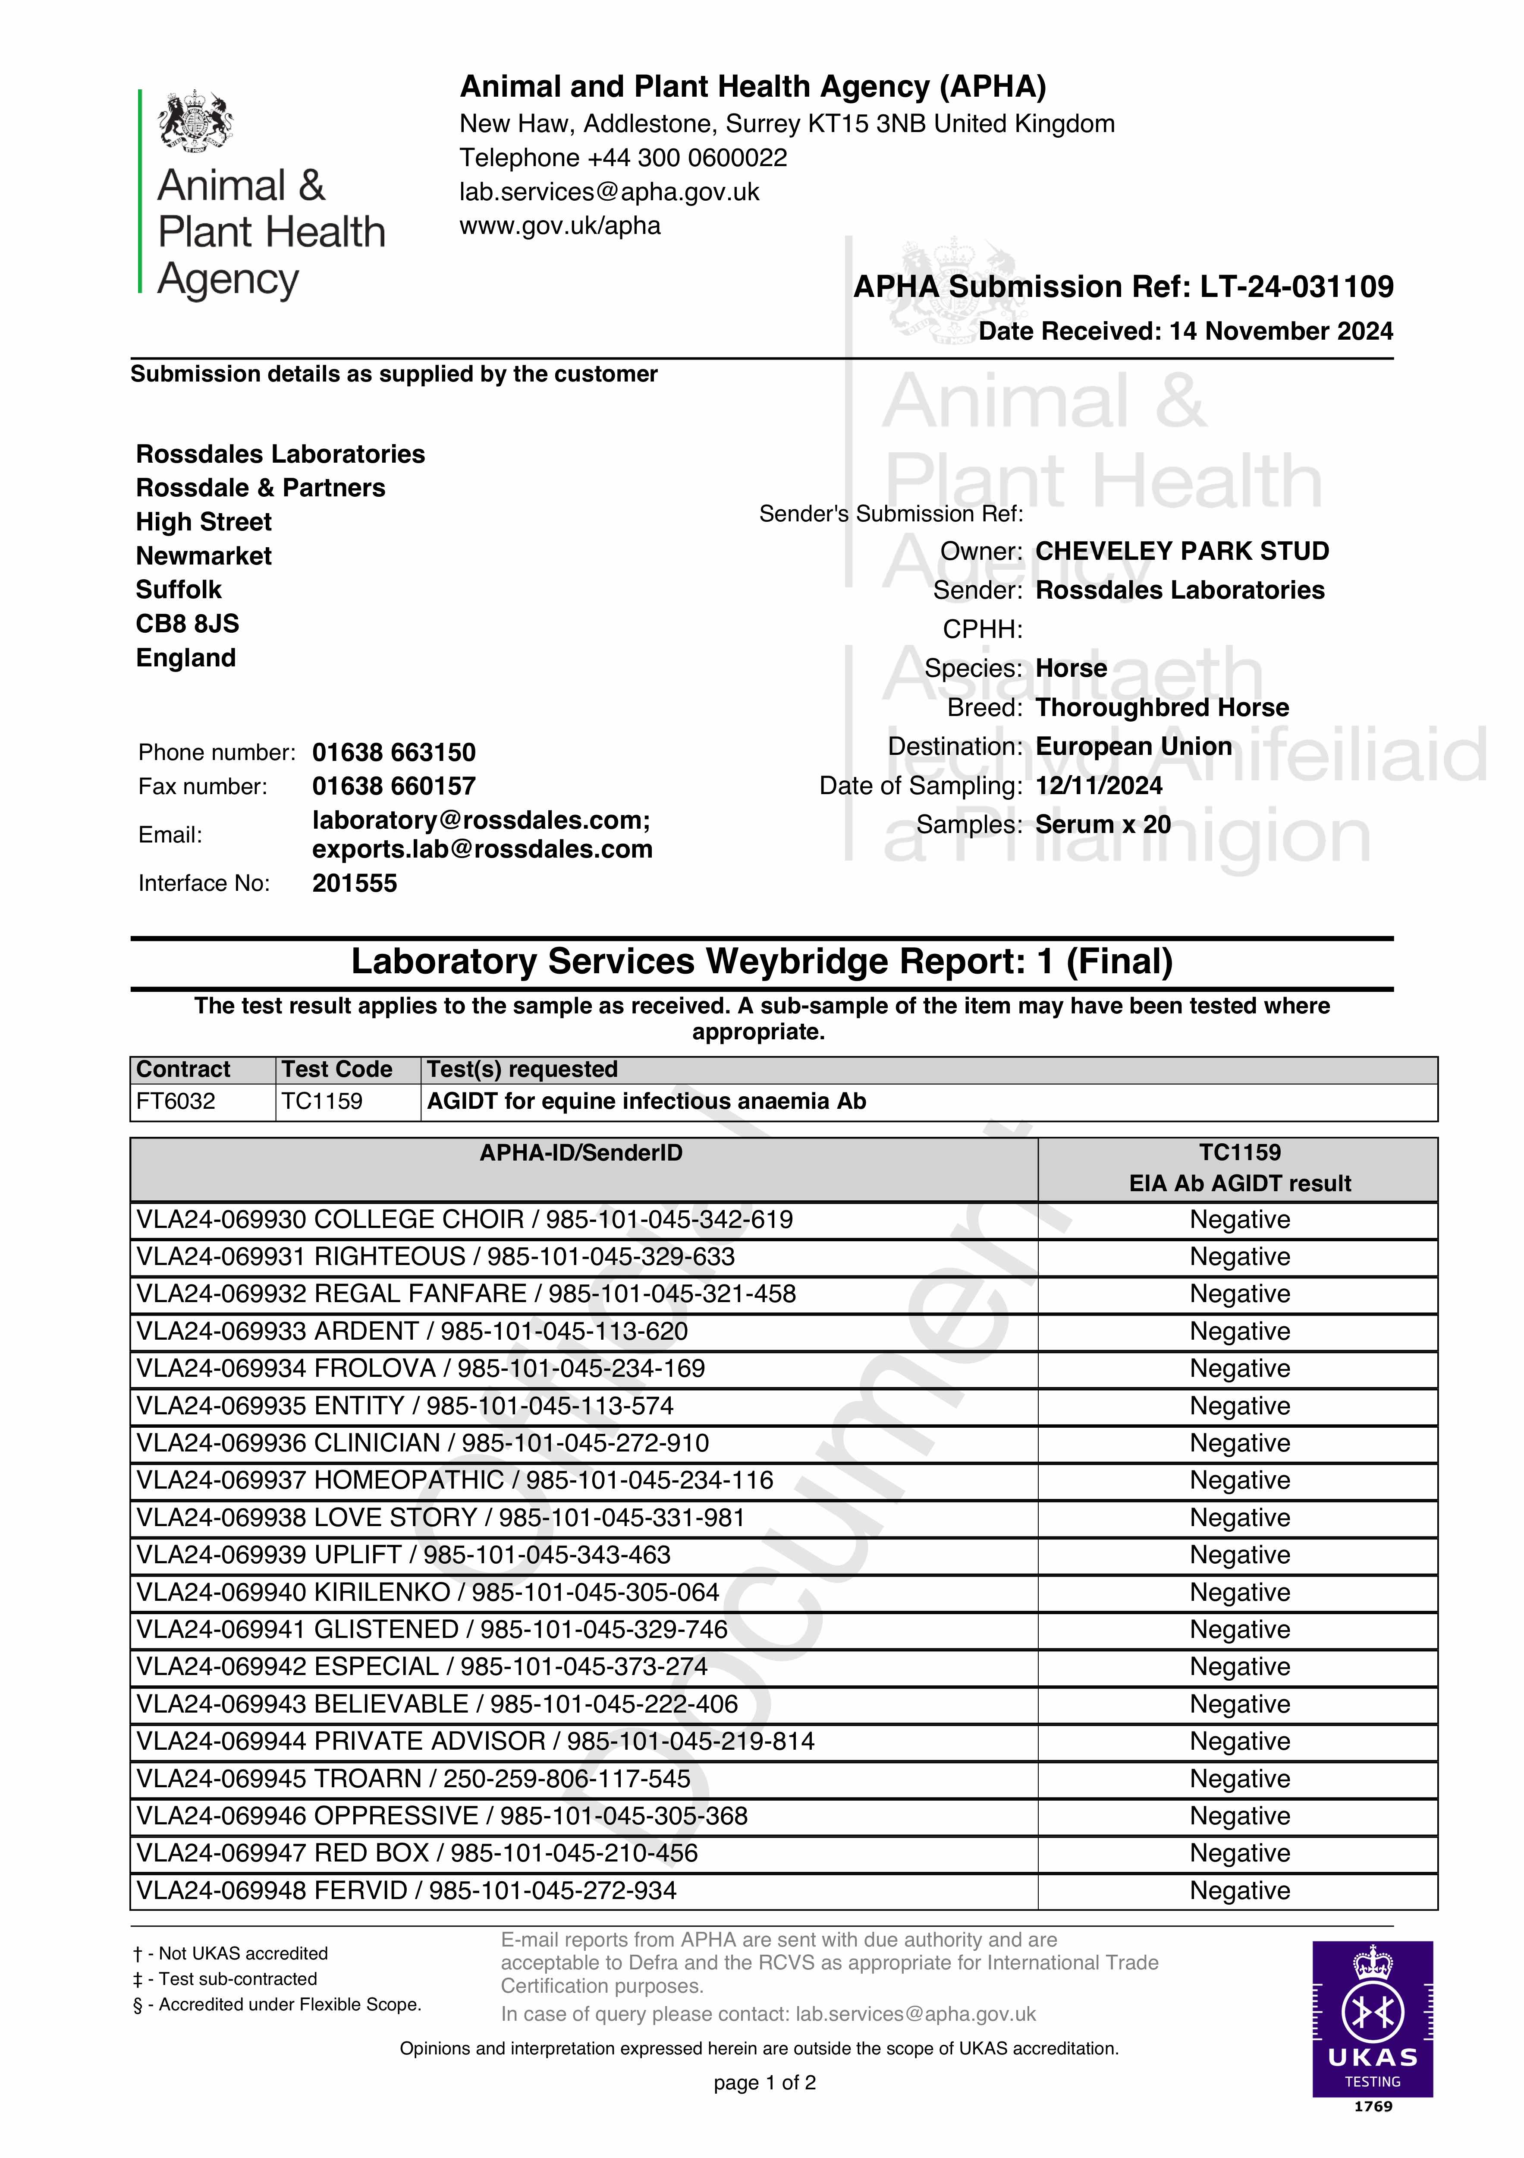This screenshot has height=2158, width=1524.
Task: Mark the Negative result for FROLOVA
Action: (1239, 1369)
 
